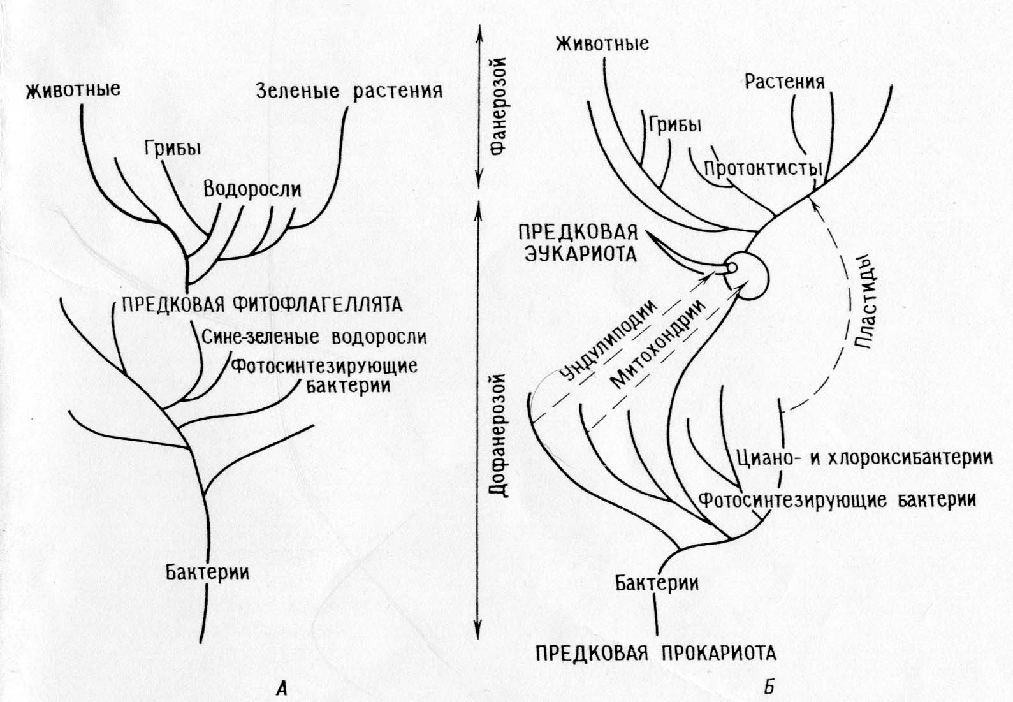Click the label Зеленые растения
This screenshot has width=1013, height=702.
click(349, 91)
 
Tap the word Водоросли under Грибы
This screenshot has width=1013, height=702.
click(252, 189)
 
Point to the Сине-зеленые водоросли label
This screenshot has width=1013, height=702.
click(314, 337)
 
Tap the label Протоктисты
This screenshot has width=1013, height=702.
click(763, 170)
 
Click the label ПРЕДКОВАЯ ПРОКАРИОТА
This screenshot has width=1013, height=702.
click(655, 653)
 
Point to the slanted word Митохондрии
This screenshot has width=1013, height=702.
click(659, 344)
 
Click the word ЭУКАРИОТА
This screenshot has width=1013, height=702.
click(580, 254)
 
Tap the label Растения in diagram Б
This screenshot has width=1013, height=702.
click(784, 82)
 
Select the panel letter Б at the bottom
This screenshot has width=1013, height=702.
click(769, 687)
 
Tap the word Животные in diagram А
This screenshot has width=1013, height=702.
click(73, 89)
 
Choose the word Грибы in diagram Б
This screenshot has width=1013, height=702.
click(674, 125)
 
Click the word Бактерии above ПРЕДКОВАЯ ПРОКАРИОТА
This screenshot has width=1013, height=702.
click(657, 583)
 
